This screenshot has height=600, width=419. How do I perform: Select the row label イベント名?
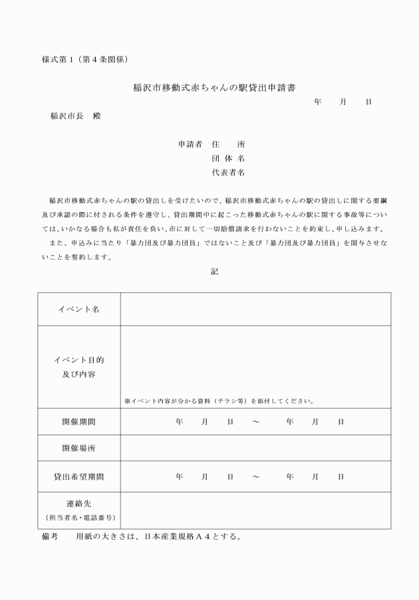pyautogui.click(x=78, y=309)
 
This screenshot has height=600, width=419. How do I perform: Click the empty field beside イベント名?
pyautogui.click(x=255, y=309)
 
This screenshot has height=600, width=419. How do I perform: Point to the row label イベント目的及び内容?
pyautogui.click(x=78, y=367)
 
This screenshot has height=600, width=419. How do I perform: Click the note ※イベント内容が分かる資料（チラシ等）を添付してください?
pyautogui.click(x=219, y=401)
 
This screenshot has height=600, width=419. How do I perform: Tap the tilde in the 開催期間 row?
pyautogui.click(x=255, y=421)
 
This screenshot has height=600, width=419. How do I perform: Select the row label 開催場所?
pyautogui.click(x=78, y=448)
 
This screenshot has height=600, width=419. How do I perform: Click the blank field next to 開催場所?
pyautogui.click(x=255, y=448)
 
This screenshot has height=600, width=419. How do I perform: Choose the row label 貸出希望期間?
pyautogui.click(x=78, y=476)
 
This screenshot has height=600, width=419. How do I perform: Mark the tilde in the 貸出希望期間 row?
pyautogui.click(x=255, y=476)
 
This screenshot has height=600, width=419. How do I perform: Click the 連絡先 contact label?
pyautogui.click(x=78, y=504)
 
